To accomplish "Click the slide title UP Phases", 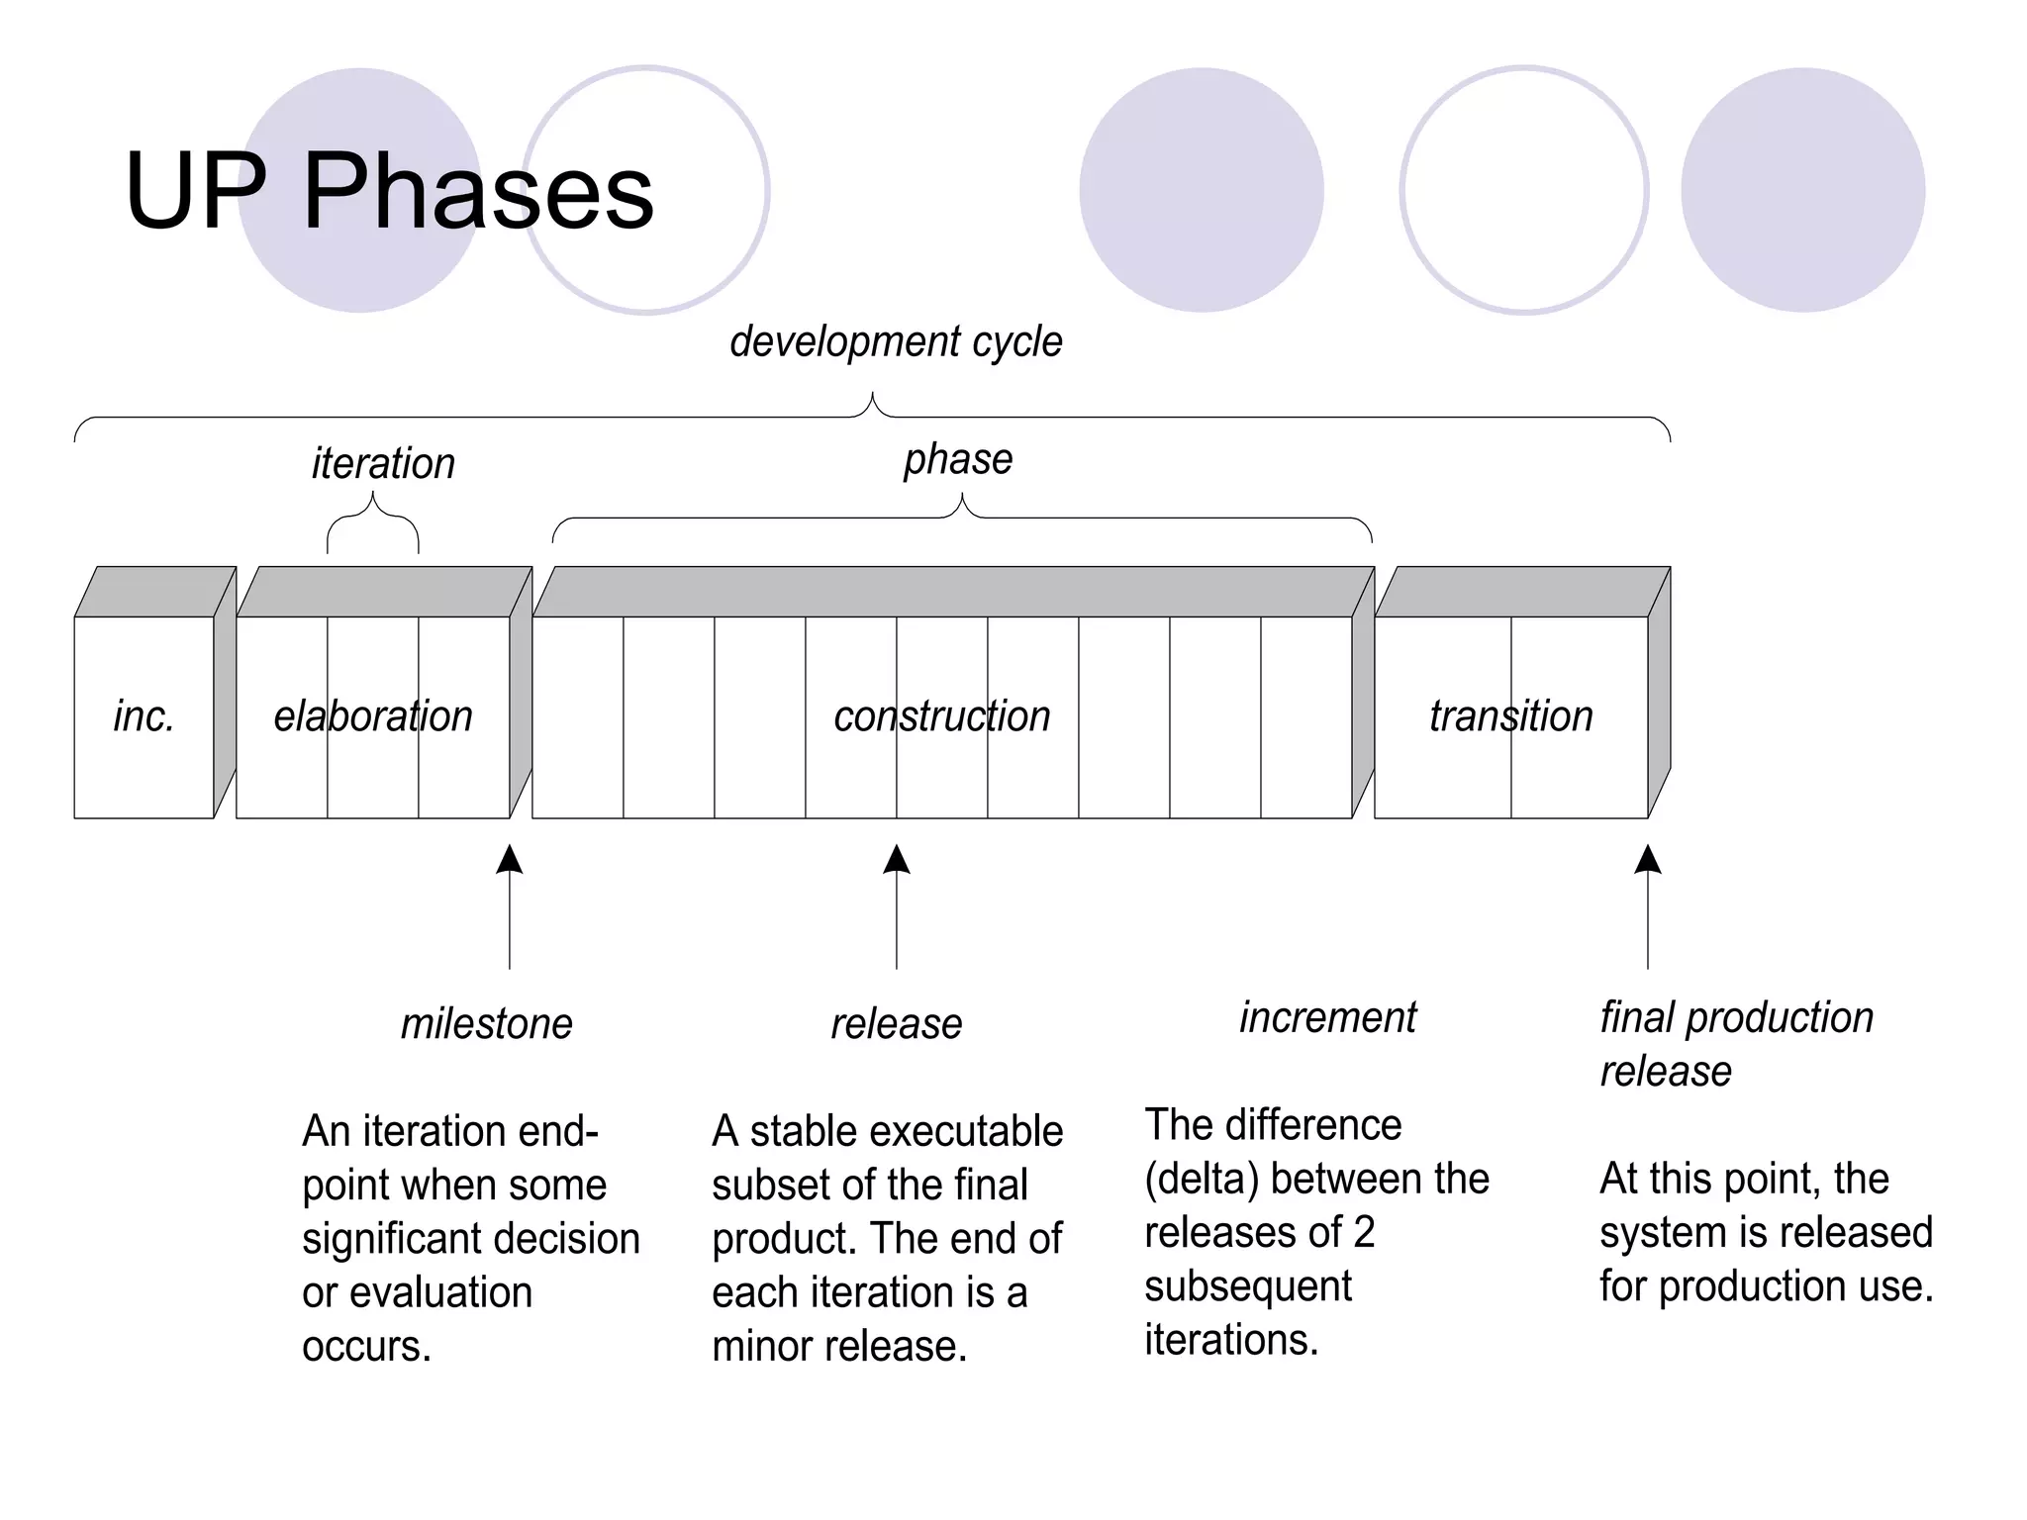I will [389, 191].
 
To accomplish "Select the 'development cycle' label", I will [896, 342].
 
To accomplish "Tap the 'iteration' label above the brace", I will [383, 464].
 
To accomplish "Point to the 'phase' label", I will [958, 459].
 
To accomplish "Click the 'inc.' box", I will [145, 716].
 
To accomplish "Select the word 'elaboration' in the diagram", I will [373, 716].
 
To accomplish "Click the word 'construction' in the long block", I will [941, 716].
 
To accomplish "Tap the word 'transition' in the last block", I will [1510, 716].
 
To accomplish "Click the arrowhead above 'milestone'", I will [510, 859].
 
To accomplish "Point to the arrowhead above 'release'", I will [897, 859].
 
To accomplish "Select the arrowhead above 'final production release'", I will [1648, 859].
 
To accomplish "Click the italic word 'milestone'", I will [486, 1024].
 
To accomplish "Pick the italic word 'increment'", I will [1327, 1018].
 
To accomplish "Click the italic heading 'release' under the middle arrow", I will [896, 1024].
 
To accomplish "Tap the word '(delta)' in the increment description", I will [1201, 1180].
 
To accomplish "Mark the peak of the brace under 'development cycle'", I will [872, 396].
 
